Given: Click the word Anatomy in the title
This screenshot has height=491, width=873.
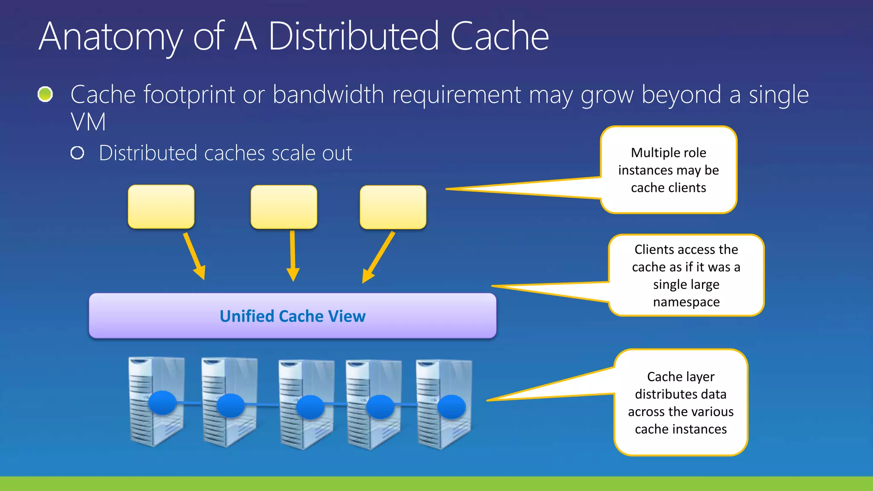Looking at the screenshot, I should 110,38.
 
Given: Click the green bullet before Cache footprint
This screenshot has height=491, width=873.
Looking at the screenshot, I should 45,94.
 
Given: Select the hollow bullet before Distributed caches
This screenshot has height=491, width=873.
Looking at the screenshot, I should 77,153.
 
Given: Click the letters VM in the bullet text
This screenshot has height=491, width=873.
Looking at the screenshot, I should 88,122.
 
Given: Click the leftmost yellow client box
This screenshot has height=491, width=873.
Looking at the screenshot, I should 161,207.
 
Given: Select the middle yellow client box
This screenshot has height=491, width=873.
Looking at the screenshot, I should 284,207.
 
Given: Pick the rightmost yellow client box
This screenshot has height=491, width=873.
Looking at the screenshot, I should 393,207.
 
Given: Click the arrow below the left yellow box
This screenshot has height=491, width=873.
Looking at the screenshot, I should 194,256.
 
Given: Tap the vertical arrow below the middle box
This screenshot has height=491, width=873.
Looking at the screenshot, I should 293,256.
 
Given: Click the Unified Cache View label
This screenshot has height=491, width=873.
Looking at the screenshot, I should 292,316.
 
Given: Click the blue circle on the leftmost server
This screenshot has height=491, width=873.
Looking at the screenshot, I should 162,403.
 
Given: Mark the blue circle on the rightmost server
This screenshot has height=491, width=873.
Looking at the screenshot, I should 451,407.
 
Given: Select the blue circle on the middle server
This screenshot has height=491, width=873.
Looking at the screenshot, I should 310,407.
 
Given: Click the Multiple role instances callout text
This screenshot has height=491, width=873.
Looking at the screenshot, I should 668,170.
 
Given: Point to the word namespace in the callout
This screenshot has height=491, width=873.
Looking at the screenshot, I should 686,302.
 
